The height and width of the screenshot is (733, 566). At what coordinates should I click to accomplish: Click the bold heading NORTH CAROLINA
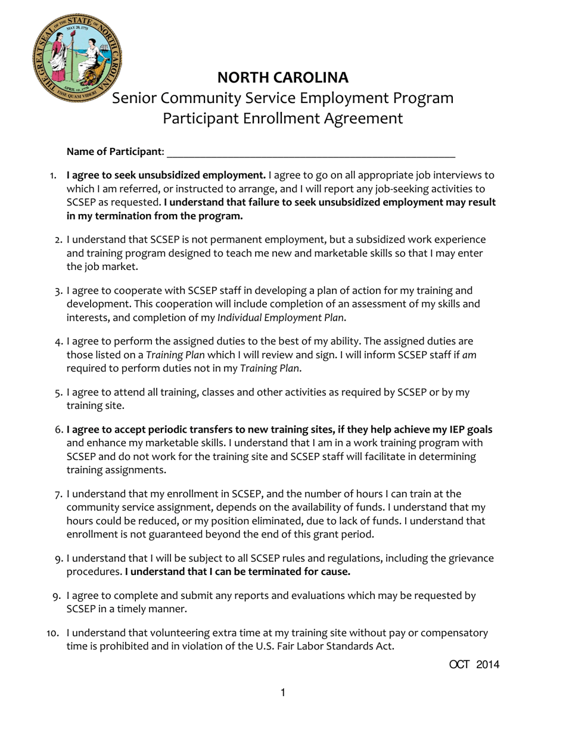[283, 77]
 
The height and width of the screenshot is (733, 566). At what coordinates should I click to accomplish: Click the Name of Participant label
[116, 152]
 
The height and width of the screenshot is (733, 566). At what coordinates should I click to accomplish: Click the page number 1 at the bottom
[283, 692]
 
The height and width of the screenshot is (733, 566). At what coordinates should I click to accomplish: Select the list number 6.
[58, 430]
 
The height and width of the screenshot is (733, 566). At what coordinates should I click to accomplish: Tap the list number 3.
[58, 291]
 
